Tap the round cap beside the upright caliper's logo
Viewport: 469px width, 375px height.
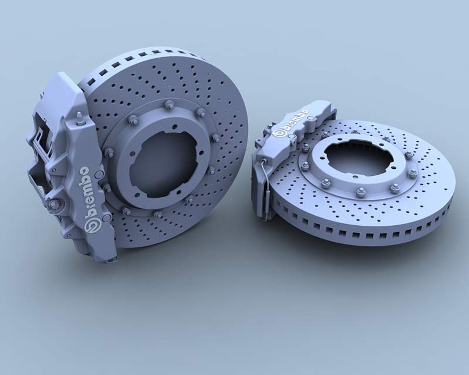coord(107,218)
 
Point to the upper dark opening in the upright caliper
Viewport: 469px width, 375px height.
coord(38,125)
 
